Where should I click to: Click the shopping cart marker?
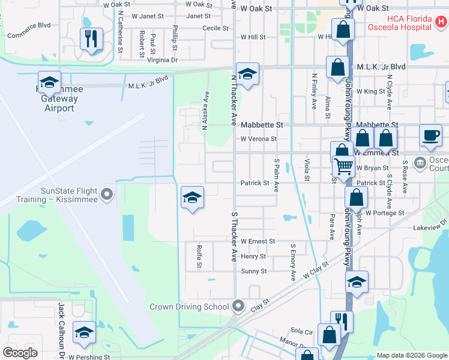click(x=344, y=165)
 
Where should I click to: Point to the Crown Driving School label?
click(x=189, y=307)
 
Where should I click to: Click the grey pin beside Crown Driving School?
click(x=238, y=306)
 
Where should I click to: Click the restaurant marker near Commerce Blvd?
click(x=91, y=39)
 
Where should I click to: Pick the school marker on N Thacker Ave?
click(x=247, y=74)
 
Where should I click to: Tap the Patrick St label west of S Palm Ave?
click(x=255, y=183)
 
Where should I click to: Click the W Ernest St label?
click(x=258, y=241)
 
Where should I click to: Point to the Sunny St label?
click(x=254, y=271)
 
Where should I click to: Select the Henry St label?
click(x=253, y=256)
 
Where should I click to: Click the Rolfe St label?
click(x=198, y=256)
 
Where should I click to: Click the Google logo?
click(x=20, y=353)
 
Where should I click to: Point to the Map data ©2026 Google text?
click(x=411, y=355)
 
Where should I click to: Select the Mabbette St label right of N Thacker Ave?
click(x=262, y=125)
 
